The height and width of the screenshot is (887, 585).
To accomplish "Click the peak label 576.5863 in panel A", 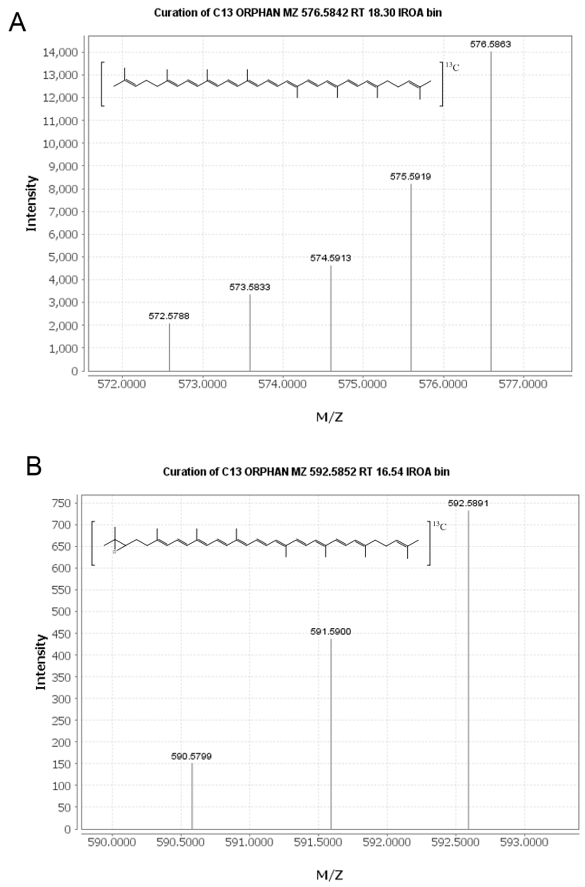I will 490,44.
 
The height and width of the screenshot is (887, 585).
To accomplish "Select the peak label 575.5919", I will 410,176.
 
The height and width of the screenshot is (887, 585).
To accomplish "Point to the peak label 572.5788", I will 169,316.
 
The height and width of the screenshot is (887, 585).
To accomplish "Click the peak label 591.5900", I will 331,632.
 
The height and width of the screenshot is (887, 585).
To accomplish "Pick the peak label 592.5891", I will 468,503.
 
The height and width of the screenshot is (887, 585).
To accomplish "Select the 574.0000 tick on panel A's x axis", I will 282,384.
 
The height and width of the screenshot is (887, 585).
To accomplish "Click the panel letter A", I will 17,23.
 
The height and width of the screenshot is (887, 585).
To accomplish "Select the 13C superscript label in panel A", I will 453,67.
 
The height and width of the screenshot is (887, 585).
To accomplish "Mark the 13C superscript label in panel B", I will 439,526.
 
